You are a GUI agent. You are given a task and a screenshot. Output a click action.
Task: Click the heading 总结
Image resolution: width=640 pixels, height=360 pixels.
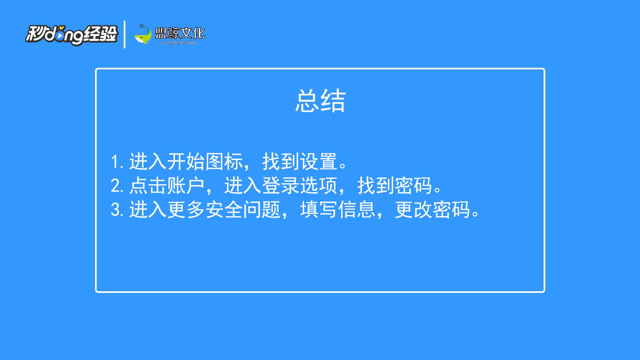[320, 101]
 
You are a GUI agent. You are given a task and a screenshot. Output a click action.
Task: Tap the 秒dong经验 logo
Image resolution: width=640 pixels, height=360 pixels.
[72, 35]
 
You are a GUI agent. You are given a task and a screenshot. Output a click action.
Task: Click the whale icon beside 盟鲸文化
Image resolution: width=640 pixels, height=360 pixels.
[143, 34]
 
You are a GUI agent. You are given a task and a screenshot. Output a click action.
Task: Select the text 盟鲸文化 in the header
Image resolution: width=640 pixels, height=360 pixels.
[180, 33]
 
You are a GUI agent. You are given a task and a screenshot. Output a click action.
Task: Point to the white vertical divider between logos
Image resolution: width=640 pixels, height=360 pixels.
[124, 34]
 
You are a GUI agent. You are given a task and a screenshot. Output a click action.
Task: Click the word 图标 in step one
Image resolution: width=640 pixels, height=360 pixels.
[224, 162]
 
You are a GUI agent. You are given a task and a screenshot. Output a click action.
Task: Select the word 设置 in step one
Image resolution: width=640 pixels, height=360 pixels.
[318, 162]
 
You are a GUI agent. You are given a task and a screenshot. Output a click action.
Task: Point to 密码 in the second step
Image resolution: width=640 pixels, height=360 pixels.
[414, 186]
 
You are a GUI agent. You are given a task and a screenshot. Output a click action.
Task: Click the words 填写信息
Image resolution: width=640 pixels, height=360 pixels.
[338, 210]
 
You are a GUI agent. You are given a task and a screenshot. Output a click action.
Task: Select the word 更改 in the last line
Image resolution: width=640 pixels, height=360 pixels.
[414, 210]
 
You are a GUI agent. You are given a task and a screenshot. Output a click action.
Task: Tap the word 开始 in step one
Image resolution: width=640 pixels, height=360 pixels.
[186, 162]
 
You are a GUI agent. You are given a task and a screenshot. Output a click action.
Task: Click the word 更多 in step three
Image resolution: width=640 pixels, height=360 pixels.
[186, 210]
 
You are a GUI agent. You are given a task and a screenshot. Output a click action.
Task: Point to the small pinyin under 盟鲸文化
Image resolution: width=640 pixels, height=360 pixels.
[179, 43]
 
